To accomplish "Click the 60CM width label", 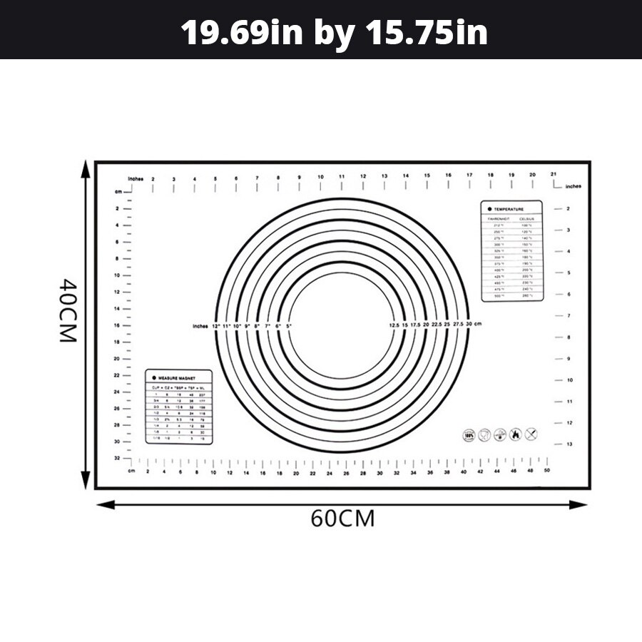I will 342,519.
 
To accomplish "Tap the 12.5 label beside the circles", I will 394,325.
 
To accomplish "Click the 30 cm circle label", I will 474,325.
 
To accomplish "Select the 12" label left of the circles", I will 216,326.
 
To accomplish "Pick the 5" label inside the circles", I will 289,326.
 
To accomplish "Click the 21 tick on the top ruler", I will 554,174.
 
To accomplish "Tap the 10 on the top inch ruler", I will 321,176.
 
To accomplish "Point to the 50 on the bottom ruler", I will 547,472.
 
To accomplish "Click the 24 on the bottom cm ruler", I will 330,472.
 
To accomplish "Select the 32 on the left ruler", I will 117,458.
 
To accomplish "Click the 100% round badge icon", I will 469,434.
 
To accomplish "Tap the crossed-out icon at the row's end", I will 531,434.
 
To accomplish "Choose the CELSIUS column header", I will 527,218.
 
